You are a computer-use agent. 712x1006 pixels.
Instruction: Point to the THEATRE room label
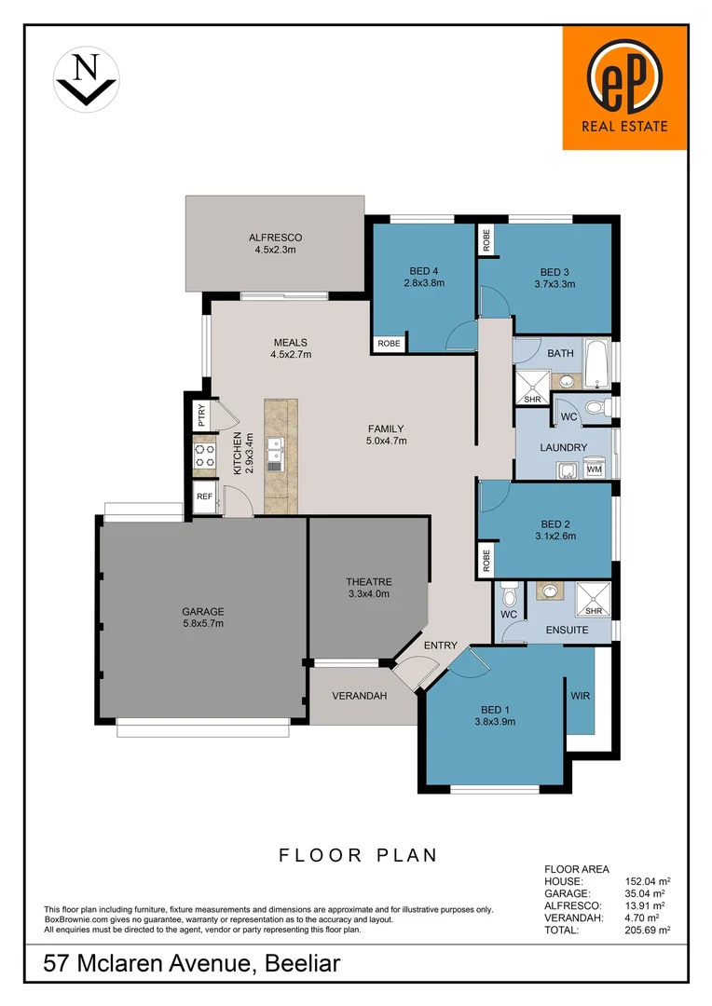pyautogui.click(x=368, y=581)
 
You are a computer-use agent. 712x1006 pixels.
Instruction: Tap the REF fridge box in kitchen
pyautogui.click(x=204, y=497)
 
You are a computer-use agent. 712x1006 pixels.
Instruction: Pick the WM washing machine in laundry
pyautogui.click(x=594, y=469)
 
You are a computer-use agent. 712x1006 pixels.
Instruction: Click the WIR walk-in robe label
pyautogui.click(x=580, y=696)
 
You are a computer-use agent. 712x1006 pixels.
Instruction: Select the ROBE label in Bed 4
pyautogui.click(x=389, y=344)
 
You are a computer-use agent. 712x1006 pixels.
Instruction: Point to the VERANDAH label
pyautogui.click(x=359, y=696)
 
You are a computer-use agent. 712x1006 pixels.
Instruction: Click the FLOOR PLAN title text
pyautogui.click(x=358, y=855)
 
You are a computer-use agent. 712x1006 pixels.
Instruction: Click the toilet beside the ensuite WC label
pyautogui.click(x=508, y=593)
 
